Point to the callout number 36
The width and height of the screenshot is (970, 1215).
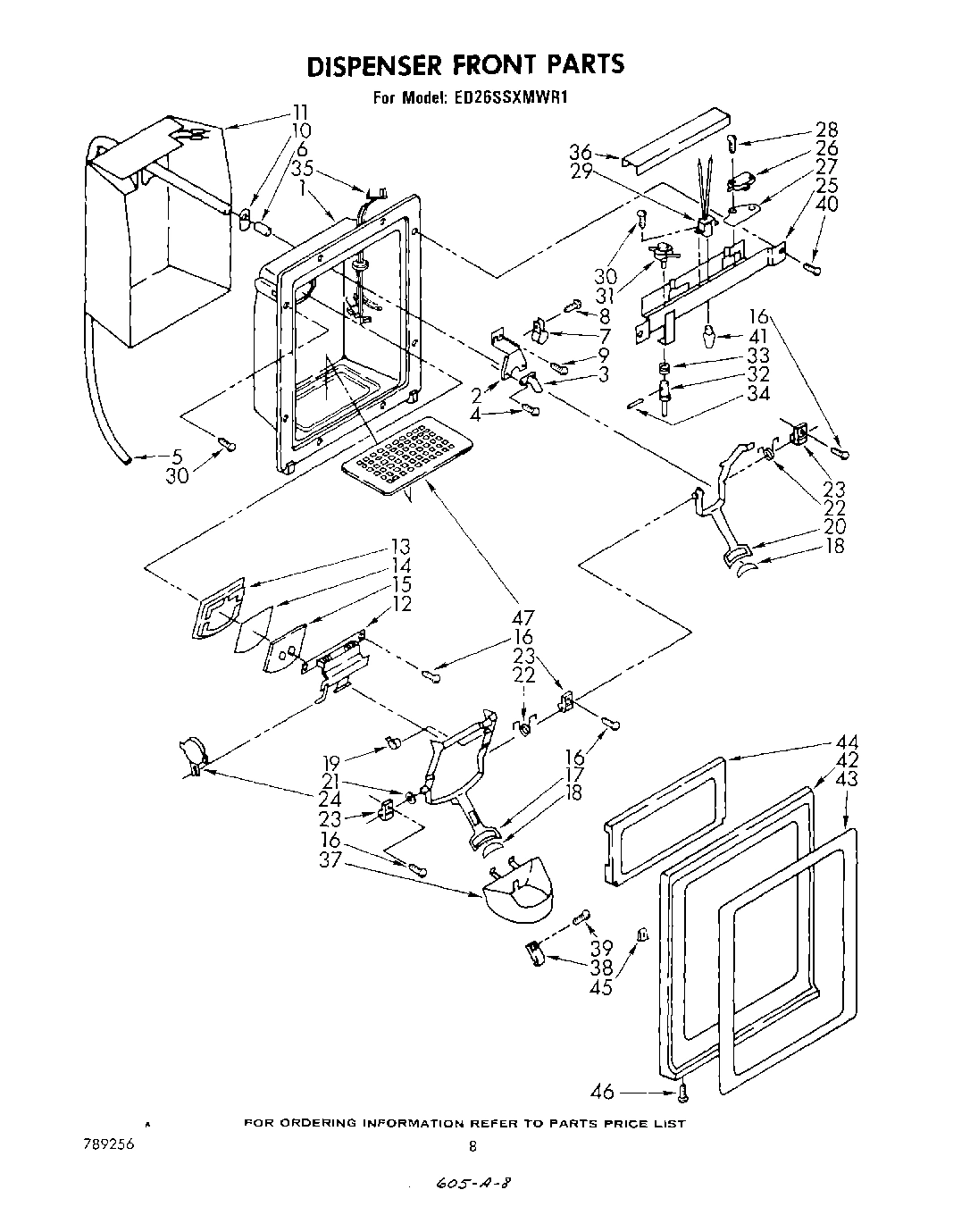581,153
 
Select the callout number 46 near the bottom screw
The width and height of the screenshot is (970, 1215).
604,1091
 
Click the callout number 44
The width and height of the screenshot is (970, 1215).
846,742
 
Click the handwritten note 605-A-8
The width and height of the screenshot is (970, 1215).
475,1183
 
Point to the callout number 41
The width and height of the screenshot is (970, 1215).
758,337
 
